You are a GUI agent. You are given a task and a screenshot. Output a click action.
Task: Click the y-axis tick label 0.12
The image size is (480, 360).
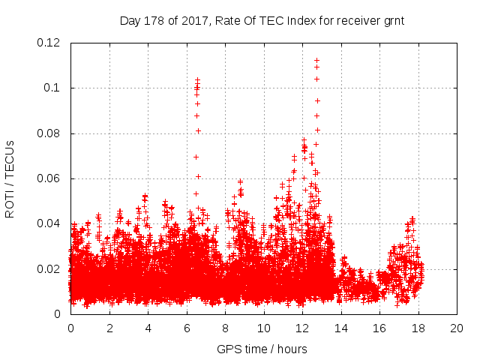[x=50, y=43]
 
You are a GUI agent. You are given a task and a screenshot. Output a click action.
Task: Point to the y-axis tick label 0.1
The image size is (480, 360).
[x=55, y=88]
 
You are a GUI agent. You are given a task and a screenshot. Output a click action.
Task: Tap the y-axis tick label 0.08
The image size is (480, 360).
[x=50, y=133]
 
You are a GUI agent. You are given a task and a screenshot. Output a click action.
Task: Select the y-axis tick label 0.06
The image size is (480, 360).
[x=50, y=178]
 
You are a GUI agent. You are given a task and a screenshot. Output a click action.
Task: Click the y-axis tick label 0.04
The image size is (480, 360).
[x=50, y=223]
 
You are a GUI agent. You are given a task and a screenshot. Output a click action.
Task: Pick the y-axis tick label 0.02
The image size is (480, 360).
[x=50, y=269]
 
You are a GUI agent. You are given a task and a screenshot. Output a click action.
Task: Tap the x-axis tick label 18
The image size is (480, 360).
[x=418, y=328]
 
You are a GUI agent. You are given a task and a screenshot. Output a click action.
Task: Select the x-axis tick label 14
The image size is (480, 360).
[x=340, y=328]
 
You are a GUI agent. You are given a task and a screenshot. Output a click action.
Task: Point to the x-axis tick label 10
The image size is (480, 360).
[x=263, y=328]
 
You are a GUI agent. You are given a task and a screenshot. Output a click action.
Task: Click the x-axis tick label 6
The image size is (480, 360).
[x=187, y=328]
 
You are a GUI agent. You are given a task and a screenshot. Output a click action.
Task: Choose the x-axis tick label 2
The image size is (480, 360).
[x=109, y=328]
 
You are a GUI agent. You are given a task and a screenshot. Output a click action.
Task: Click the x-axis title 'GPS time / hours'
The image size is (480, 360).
[x=262, y=349]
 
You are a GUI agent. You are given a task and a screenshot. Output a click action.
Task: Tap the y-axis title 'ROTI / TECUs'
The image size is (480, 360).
[x=10, y=178]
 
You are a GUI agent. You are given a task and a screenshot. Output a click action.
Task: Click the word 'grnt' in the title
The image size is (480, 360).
[x=393, y=20]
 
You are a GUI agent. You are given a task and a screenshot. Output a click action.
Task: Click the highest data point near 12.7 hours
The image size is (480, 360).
[x=316, y=60]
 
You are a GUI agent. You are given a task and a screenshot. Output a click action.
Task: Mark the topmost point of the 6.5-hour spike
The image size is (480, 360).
[x=197, y=79]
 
